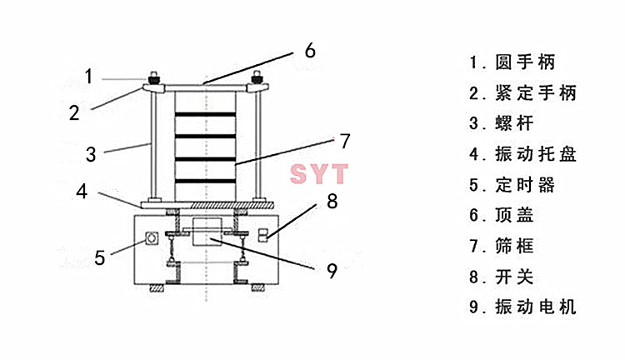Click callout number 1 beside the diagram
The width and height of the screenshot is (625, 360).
point(89,76)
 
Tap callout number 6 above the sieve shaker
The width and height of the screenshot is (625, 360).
point(310,51)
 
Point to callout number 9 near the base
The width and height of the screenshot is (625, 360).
point(332,271)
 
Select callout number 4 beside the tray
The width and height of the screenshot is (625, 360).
point(82,192)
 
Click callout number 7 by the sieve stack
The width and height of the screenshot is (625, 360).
point(345,141)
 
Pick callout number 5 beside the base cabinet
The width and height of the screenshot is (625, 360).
point(100,257)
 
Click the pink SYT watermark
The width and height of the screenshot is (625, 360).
point(319,174)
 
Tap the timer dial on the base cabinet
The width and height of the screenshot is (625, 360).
point(151,238)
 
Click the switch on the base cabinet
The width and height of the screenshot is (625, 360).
point(262,235)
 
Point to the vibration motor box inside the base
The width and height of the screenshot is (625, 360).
point(207,232)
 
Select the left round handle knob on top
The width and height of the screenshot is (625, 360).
point(154,77)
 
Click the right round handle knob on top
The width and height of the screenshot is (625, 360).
point(257,77)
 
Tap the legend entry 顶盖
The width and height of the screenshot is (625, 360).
point(514,215)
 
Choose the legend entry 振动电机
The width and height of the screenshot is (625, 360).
point(535,307)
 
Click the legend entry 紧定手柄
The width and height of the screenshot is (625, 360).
point(535,92)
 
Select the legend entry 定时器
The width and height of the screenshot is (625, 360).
point(524,185)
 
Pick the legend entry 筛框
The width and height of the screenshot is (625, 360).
point(514,246)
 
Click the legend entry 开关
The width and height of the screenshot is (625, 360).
point(514,277)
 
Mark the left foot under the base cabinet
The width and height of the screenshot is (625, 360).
point(157,287)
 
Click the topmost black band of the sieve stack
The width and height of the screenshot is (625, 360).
point(205,114)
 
